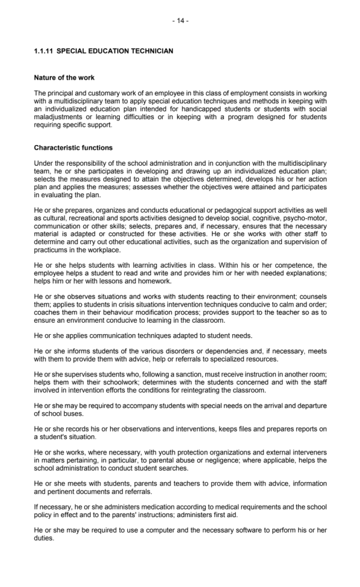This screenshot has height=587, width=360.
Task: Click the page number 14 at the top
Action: pos(180,21)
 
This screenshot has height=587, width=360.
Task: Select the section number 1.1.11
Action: pos(44,51)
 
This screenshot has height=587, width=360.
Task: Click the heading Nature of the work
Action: pos(64,77)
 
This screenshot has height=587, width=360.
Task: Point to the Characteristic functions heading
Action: pos(73,147)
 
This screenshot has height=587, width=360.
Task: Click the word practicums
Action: pos(52,250)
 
